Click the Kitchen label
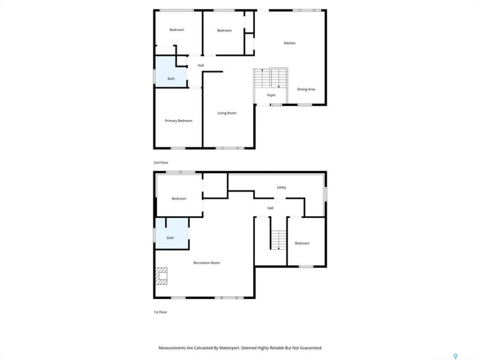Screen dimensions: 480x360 click(289, 43)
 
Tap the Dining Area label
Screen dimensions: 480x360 click(306, 89)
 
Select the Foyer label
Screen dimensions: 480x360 click(271, 95)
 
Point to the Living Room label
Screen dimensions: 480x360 click(227, 113)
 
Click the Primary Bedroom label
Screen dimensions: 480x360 click(178, 121)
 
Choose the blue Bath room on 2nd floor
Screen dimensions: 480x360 click(171, 71)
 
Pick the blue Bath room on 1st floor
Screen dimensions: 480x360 click(171, 233)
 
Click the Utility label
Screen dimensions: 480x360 click(281, 187)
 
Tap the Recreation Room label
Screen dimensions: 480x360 click(206, 263)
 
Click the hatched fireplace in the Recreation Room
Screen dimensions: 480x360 click(161, 276)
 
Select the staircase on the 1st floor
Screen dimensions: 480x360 click(278, 239)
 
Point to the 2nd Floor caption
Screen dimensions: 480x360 click(161, 163)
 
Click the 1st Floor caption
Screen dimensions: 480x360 click(160, 312)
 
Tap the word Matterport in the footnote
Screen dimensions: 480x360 click(229, 348)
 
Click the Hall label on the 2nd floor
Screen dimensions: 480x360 click(201, 65)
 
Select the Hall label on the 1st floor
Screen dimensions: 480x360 click(270, 208)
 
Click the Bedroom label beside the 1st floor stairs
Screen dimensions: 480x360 click(302, 243)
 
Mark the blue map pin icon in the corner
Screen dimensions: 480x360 click(455, 356)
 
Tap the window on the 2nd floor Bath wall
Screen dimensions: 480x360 click(154, 76)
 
